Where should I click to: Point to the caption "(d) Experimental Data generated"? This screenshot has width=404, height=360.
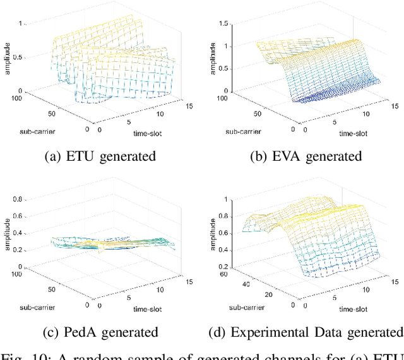click(306, 332)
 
